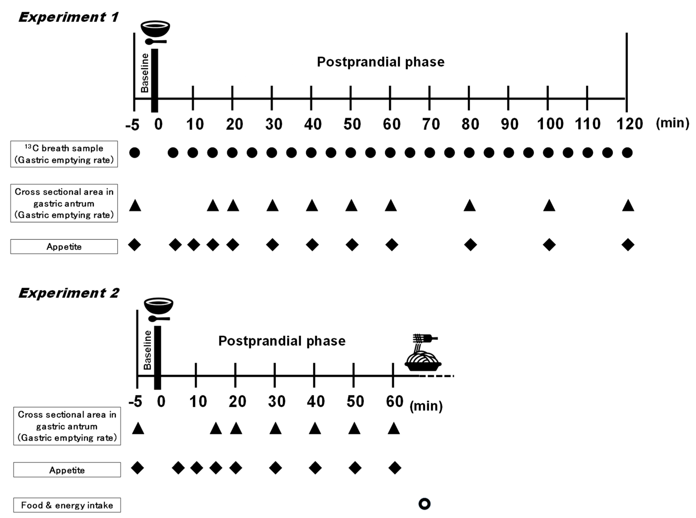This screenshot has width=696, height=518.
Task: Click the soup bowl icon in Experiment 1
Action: click(155, 29)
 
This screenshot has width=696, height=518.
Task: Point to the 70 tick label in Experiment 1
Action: click(431, 124)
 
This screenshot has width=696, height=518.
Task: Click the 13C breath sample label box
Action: click(64, 154)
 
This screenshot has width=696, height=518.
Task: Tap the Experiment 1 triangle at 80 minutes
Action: click(470, 206)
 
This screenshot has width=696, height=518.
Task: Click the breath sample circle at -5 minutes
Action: click(135, 153)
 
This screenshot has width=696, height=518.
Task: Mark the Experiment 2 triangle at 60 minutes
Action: click(394, 428)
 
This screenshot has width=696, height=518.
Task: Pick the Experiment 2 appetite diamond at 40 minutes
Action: click(315, 468)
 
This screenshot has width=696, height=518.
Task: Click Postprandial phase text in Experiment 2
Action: click(282, 341)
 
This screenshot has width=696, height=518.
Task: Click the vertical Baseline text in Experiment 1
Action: click(145, 73)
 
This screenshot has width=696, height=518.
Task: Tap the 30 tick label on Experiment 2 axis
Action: click(277, 401)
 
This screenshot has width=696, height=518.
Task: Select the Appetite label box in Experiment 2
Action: click(67, 470)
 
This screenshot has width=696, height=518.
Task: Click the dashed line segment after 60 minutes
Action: click(436, 376)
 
